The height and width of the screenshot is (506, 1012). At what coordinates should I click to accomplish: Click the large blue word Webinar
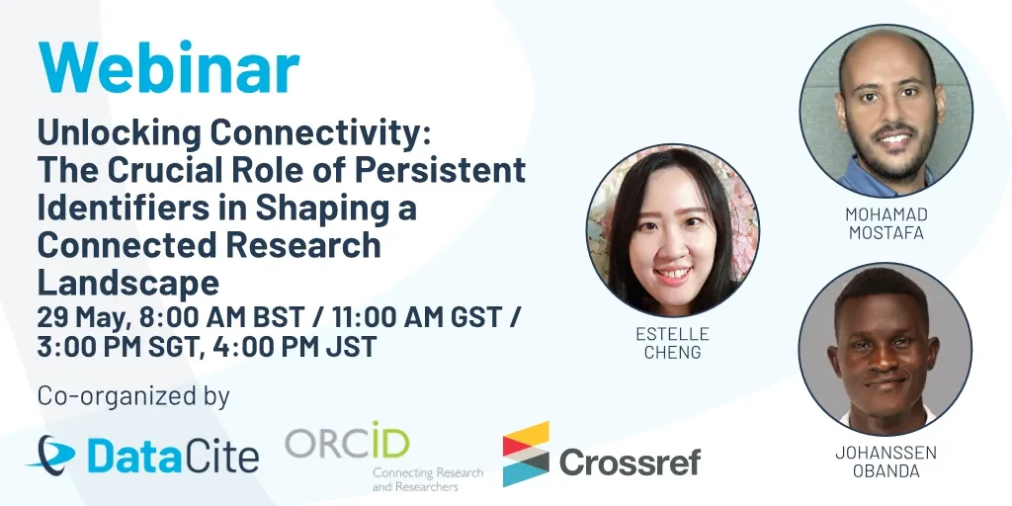[x=168, y=67]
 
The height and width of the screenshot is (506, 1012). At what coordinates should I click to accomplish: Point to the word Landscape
[x=128, y=284]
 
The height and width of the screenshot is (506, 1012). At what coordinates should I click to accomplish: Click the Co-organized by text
[x=133, y=395]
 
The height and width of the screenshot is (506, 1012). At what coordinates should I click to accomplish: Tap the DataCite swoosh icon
[x=51, y=454]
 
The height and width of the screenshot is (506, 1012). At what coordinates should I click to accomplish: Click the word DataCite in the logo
[x=173, y=456]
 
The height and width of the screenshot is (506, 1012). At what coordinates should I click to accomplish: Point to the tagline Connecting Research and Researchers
[x=427, y=479]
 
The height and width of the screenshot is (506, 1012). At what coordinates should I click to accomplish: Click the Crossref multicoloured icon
[x=526, y=454]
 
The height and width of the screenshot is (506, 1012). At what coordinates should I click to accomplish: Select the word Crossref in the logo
[x=630, y=462]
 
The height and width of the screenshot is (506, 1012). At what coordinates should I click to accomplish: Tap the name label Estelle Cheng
[x=672, y=343]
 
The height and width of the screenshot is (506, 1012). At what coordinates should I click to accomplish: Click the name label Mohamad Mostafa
[x=886, y=223]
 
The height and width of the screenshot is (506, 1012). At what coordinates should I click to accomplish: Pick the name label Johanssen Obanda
[x=886, y=462]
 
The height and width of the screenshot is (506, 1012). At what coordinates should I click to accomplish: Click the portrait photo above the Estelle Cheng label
[x=672, y=230]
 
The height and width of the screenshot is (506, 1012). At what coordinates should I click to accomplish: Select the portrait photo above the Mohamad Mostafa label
[x=886, y=111]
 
